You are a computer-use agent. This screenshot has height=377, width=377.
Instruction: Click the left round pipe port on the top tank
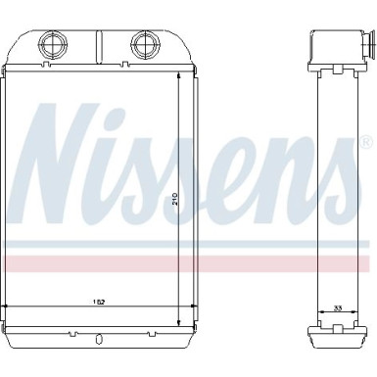pyautogui.click(x=53, y=44)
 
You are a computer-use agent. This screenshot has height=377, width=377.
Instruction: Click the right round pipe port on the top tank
pyautogui.click(x=145, y=44)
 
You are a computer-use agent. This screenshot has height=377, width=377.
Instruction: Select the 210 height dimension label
pyautogui.click(x=175, y=199)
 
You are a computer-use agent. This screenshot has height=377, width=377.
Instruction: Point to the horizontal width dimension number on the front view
pyautogui.click(x=101, y=302)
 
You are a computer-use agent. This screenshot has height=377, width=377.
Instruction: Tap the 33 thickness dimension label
pyautogui.click(x=338, y=307)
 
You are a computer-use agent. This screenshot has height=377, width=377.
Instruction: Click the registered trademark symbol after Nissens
pyautogui.click(x=367, y=142)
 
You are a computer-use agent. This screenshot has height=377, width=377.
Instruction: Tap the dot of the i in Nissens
pyautogui.click(x=114, y=117)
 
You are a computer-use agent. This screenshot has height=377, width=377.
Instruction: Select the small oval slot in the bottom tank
pyautogui.click(x=97, y=340)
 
